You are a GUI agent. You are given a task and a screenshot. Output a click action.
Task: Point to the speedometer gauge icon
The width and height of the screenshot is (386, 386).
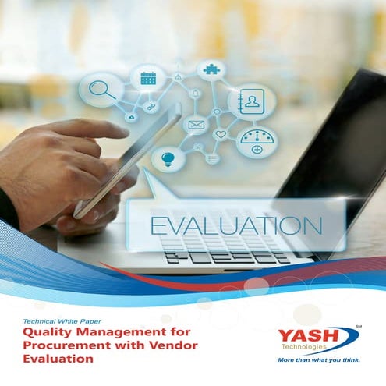tap(257, 142)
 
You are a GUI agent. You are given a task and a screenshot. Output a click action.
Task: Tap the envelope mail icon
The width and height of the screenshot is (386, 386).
tap(195, 125)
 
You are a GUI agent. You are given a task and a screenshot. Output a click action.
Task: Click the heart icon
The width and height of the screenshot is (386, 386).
tap(220, 134)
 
